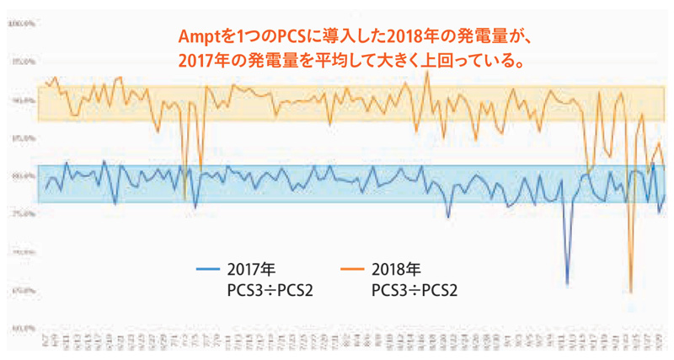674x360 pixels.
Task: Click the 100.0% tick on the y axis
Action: [x=20, y=24]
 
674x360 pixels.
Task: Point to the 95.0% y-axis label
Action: [x=20, y=62]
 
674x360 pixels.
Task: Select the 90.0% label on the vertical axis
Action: [x=20, y=99]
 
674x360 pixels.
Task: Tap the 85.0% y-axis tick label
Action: [x=20, y=137]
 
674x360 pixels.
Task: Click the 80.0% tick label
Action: [x=20, y=175]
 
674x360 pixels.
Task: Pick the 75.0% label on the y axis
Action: [x=20, y=214]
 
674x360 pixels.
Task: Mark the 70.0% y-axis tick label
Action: [x=20, y=252]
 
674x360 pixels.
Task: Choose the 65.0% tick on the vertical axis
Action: [x=20, y=290]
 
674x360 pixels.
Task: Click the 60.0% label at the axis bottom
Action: [x=20, y=328]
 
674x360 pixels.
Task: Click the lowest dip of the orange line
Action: [x=630, y=292]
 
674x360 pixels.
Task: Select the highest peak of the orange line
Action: [x=427, y=72]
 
